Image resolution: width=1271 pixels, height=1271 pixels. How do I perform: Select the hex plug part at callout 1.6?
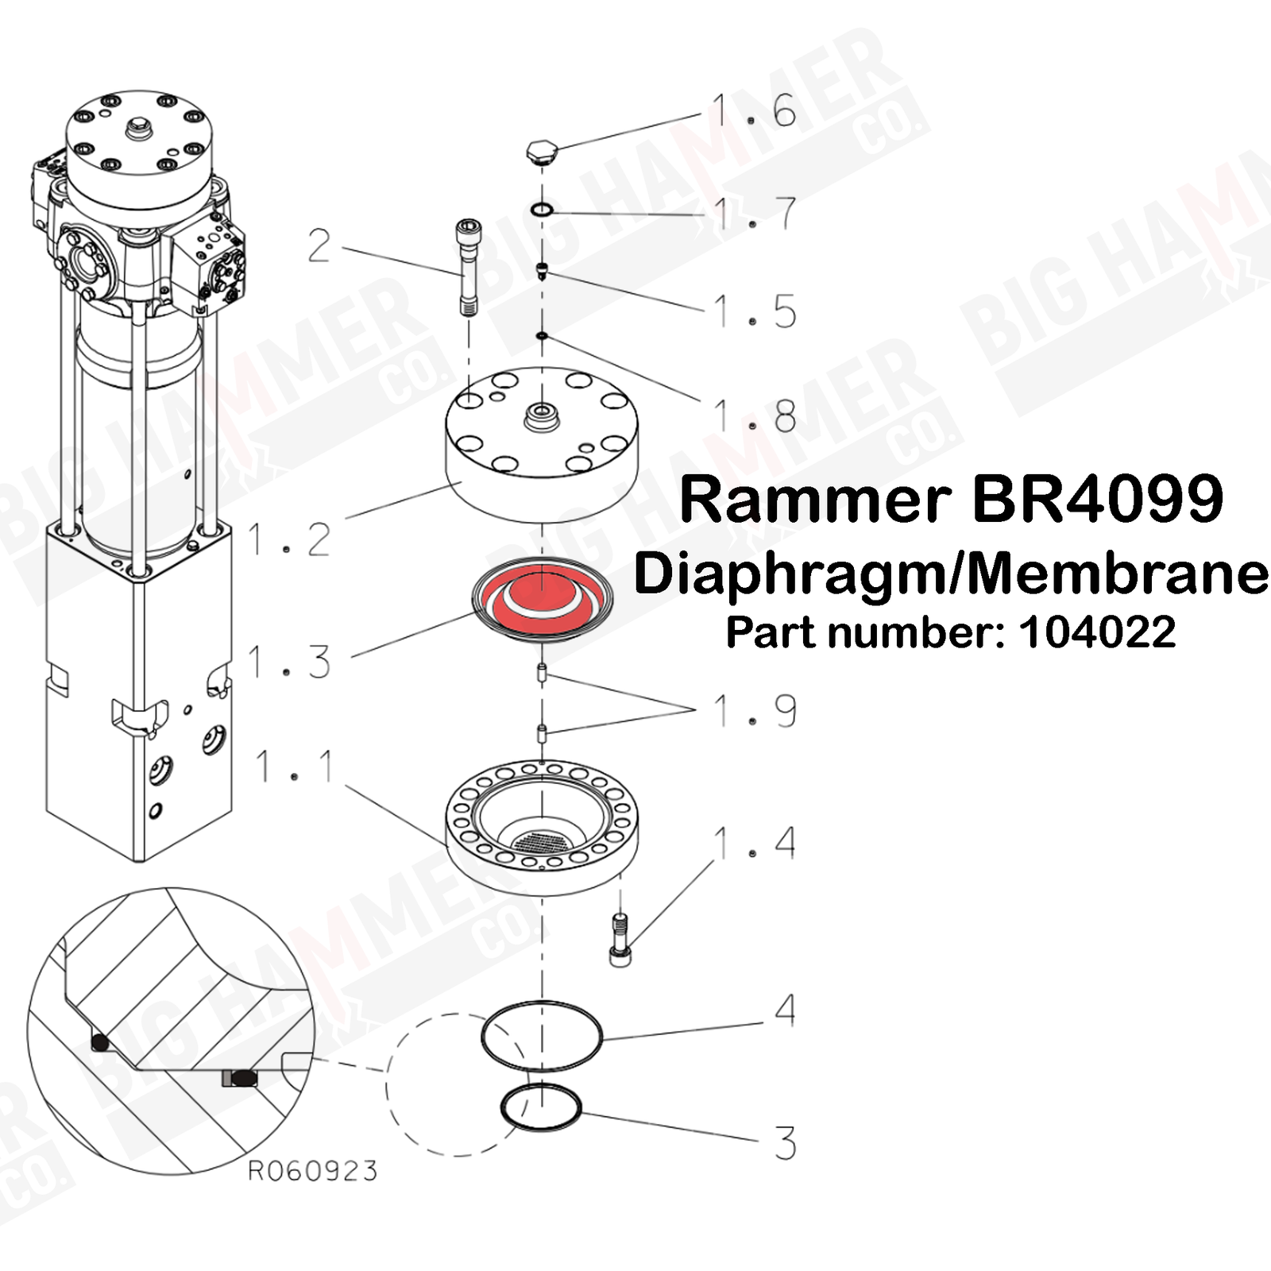coord(543,151)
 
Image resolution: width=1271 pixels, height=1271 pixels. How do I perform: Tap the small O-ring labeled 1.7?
coord(542,210)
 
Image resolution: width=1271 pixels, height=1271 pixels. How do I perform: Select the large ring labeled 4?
coord(542,1036)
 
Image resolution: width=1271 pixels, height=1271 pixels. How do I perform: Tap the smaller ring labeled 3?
coord(541,1106)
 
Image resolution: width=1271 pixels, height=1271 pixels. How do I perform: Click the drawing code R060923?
coord(312,1171)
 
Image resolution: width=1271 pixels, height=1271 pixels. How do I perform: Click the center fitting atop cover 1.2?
coord(543,414)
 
